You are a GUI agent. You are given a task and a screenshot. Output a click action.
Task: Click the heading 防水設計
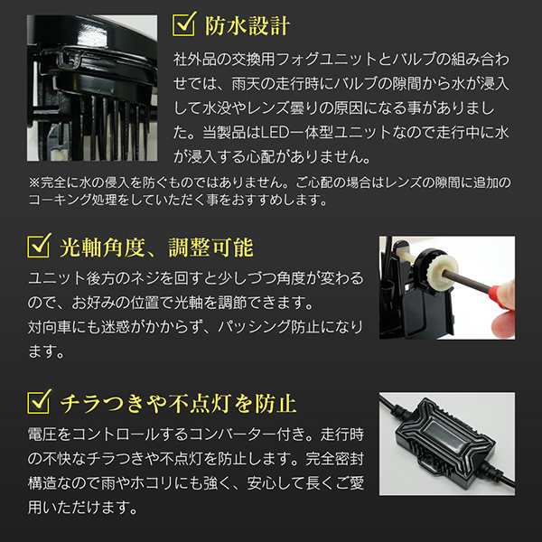coord(248,25)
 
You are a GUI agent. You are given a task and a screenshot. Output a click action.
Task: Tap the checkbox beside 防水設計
coord(184,23)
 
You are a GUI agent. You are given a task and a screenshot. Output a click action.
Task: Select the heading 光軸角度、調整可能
coord(156,248)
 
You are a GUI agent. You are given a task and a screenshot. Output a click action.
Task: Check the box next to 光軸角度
coord(39,246)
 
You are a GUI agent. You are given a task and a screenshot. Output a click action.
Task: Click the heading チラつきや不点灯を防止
coord(178,404)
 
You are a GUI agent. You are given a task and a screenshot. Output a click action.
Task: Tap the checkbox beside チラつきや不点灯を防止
coord(39,401)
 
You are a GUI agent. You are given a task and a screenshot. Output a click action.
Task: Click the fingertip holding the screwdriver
coord(503,326)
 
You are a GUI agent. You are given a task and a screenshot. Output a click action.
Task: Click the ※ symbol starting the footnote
coord(34,182)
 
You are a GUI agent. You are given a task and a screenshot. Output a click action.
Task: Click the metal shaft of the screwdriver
coord(466,280)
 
